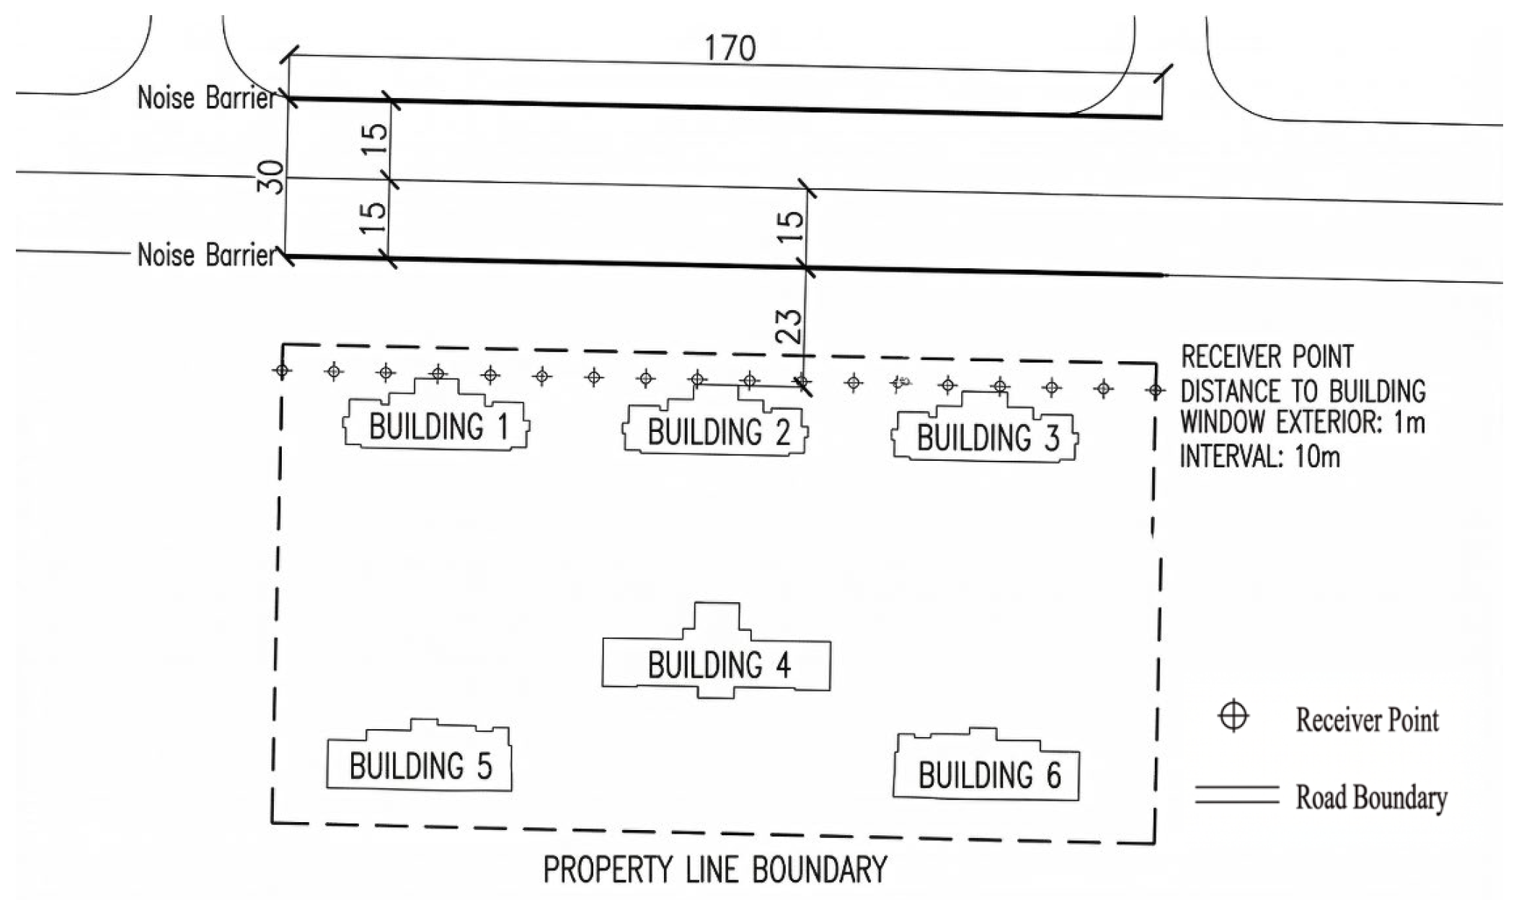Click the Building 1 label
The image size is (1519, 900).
click(x=439, y=426)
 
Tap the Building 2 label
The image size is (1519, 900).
click(x=719, y=432)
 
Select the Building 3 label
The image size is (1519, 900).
click(x=988, y=437)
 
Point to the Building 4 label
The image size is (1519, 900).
click(x=719, y=664)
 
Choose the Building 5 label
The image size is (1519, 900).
click(x=420, y=765)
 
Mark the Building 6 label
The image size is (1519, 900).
click(x=989, y=775)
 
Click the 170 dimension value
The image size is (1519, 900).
click(x=730, y=48)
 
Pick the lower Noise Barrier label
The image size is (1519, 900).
click(x=207, y=255)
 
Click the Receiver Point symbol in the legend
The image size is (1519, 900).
click(x=1234, y=717)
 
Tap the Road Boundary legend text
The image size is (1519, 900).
click(x=1371, y=797)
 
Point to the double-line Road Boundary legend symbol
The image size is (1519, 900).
click(x=1236, y=795)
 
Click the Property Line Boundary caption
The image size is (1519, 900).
click(x=714, y=870)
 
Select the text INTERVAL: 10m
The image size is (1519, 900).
click(x=1259, y=456)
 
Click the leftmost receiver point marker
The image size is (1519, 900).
click(x=282, y=371)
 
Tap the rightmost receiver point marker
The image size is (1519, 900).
click(x=1156, y=391)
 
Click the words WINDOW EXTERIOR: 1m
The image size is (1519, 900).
click(x=1303, y=422)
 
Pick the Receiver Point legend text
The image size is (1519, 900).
click(x=1367, y=719)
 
